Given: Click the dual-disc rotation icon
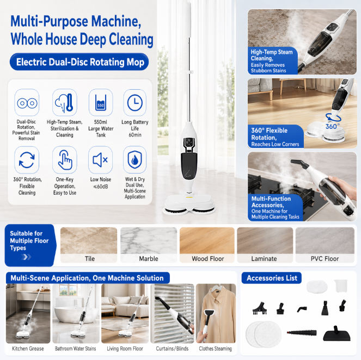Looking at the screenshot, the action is tap(27, 103).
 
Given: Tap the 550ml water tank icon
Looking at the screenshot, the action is tap(101, 103).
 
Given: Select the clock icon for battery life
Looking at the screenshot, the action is tap(134, 103).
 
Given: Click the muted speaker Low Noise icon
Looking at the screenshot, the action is tap(100, 160).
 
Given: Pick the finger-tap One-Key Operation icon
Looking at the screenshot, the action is tap(65, 160).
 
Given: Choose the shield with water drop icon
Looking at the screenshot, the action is tap(134, 160).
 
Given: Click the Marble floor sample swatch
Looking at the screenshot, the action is tap(149, 241).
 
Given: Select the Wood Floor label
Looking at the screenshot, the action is tap(207, 259).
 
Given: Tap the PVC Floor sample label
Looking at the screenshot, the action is tap(325, 259).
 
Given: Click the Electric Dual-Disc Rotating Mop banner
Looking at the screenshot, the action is tap(79, 62).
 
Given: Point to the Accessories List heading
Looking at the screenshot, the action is tap(272, 278).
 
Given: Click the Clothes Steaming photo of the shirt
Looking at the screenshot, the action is tap(216, 313).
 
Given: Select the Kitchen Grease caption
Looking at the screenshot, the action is tap(28, 349).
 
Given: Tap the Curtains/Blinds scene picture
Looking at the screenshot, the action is tap(172, 313).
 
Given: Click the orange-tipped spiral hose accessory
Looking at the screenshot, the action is tap(302, 332).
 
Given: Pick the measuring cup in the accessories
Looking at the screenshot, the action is tap(341, 285).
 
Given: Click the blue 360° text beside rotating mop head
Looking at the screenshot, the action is tap(333, 126).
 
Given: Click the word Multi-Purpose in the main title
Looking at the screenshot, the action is tap(49, 21).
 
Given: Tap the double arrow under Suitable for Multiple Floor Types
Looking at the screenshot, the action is tap(26, 257).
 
